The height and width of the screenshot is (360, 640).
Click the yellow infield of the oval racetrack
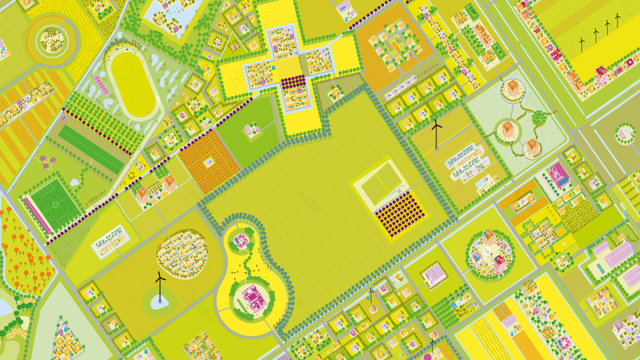coord(135,83)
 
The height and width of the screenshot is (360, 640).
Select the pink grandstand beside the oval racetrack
coord(101,85)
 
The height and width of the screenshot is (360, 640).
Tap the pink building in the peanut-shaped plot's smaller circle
coord(241,240)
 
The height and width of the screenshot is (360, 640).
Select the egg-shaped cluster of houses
coord(182,254)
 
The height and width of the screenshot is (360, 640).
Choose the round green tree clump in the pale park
coord(539,117)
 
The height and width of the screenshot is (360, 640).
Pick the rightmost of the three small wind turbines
coord(617,20)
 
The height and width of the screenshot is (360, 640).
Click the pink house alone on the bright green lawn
coord(252,130)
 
